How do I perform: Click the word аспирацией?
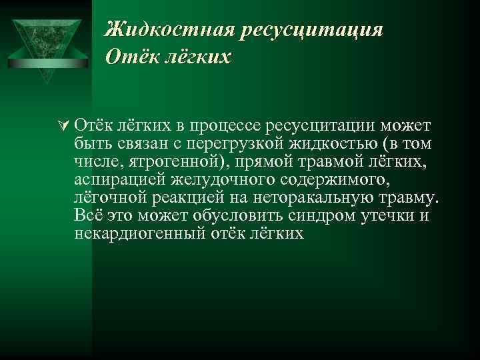[118, 181]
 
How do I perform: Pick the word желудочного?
[217, 181]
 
